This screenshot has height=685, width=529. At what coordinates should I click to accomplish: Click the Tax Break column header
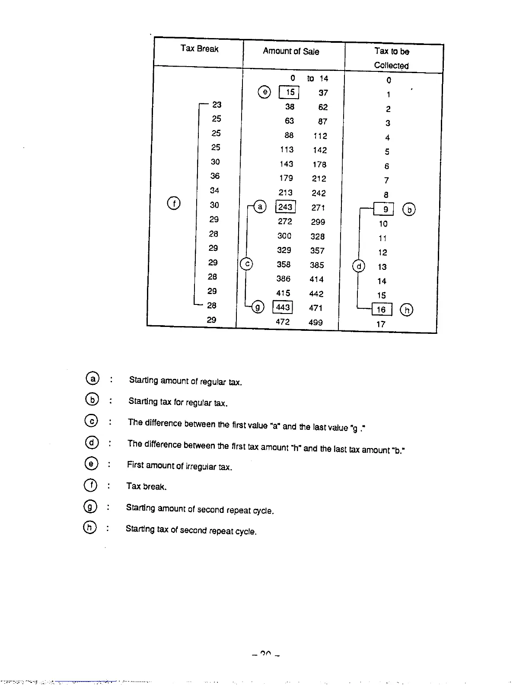click(x=199, y=48)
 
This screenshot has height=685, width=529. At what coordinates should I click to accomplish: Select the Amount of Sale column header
click(x=291, y=51)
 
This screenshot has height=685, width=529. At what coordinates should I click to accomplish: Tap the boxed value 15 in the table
click(x=290, y=92)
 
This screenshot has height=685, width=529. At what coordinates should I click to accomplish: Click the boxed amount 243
click(x=285, y=207)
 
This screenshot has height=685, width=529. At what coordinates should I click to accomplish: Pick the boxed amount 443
click(x=283, y=307)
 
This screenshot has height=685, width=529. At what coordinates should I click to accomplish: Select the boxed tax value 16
click(x=382, y=310)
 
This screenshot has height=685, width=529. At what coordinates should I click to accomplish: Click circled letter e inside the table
click(x=264, y=92)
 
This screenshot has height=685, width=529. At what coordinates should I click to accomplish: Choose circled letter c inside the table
click(x=246, y=264)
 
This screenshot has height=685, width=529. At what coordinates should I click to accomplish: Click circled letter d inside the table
click(x=359, y=266)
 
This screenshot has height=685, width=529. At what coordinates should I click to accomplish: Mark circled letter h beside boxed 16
click(x=407, y=310)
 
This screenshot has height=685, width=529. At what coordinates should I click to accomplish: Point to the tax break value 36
click(x=215, y=176)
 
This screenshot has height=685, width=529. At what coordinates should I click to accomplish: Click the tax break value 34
click(x=214, y=190)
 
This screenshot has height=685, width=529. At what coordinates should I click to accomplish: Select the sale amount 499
click(x=315, y=322)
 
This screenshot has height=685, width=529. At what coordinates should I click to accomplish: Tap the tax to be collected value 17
click(x=381, y=324)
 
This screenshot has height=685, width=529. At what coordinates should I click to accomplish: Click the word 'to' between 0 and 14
click(x=310, y=78)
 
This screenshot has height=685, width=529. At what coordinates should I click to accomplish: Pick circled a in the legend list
click(x=92, y=378)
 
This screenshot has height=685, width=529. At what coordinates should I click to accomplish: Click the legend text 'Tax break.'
click(x=146, y=487)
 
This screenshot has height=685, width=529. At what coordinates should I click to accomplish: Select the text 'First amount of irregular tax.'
click(x=179, y=466)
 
